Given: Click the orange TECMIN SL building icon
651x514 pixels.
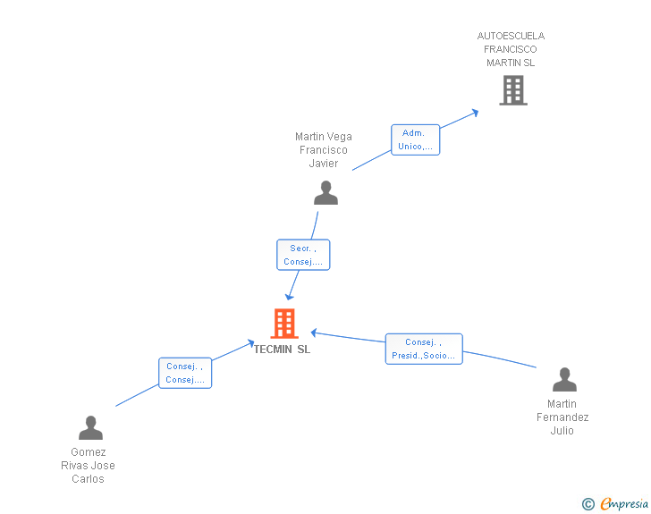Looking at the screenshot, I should (x=283, y=324).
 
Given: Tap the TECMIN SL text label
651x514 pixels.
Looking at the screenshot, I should (x=282, y=350).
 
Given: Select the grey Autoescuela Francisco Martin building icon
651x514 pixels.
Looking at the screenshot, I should (x=512, y=90).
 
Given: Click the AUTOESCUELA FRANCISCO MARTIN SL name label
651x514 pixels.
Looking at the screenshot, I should (x=511, y=50).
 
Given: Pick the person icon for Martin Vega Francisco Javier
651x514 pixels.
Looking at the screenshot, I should (x=325, y=193).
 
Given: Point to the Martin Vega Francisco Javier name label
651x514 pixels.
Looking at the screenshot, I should (x=324, y=150).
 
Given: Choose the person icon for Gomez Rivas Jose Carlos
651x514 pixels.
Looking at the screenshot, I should (x=90, y=428).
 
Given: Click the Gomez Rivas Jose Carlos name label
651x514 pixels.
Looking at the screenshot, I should (x=88, y=466).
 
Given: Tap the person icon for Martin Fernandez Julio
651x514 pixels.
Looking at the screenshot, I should (x=564, y=380).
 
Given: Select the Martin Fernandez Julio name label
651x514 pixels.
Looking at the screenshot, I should (x=562, y=417).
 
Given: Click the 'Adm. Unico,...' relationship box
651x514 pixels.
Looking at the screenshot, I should (x=415, y=140).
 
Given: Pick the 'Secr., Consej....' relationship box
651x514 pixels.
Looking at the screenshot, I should (x=303, y=255).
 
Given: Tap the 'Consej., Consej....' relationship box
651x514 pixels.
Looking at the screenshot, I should (x=185, y=373).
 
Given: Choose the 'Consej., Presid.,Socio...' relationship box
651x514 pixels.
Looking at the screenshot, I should (x=424, y=349).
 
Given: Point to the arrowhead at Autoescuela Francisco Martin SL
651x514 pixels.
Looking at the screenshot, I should (x=475, y=113).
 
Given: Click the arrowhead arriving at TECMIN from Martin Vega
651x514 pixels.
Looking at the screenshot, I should (x=288, y=297).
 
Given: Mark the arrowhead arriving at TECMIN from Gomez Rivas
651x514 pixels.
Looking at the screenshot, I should (x=251, y=341).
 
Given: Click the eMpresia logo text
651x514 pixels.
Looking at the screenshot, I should (x=623, y=504).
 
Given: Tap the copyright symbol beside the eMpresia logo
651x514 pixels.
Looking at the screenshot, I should (x=588, y=504).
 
